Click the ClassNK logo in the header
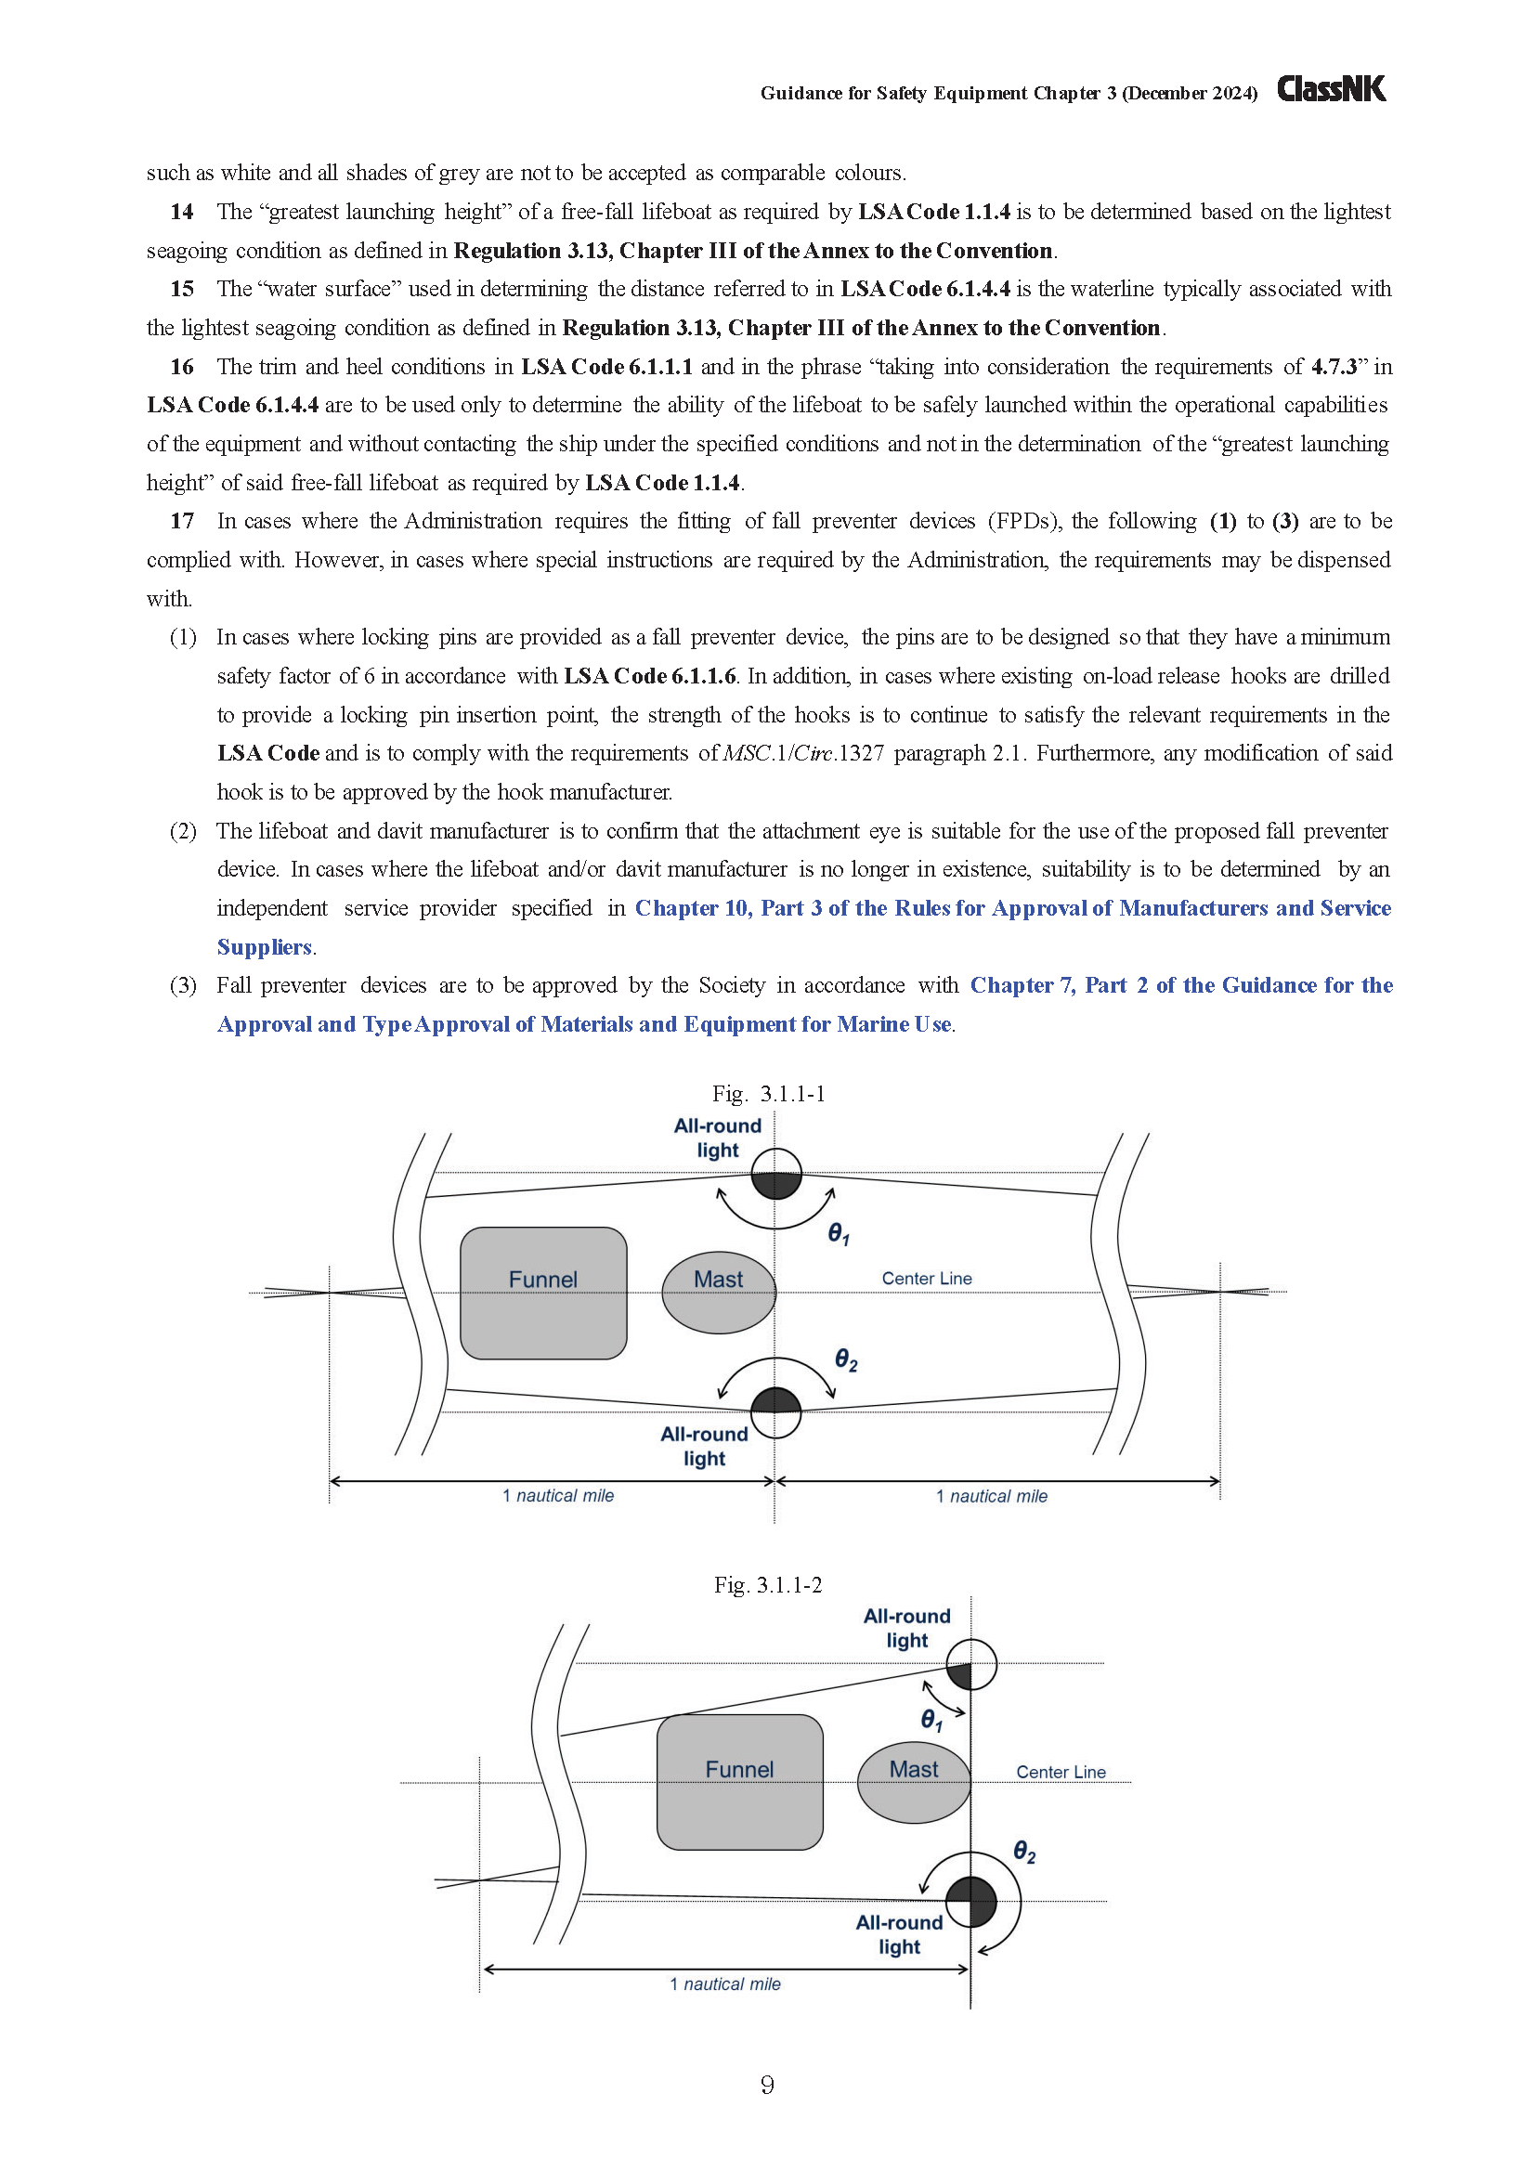pos(1331,89)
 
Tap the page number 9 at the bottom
pos(767,2084)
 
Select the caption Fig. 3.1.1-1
pos(768,1094)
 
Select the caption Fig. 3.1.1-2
pos(768,1584)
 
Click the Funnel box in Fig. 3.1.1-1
pos(543,1293)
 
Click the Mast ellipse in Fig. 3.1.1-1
pos(718,1293)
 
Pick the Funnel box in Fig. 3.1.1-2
pos(739,1782)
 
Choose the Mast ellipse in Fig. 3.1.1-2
pos(914,1782)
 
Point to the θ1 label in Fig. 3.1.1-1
pos(839,1233)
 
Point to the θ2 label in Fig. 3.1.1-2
pos(1024,1852)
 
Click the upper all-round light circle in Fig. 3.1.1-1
pos(776,1174)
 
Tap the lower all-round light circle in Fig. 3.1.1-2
pos(971,1902)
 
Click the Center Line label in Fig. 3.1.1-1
pos(927,1278)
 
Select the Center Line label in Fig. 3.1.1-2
pos(1061,1772)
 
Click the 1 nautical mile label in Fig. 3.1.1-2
pos(725,1983)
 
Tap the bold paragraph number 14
pos(182,212)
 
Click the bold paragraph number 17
pos(182,521)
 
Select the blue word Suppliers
pos(264,947)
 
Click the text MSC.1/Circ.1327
pos(803,753)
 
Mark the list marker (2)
pos(183,830)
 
